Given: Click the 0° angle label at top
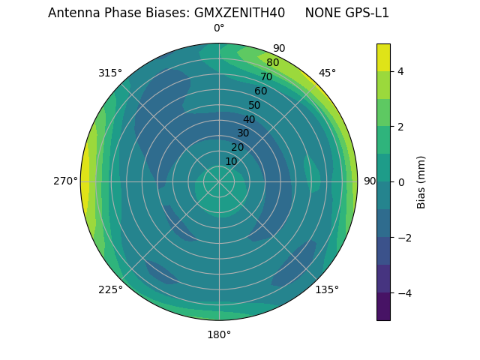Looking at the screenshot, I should [x=219, y=28].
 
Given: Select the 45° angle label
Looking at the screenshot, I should [x=327, y=73].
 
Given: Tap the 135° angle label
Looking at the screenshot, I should [x=327, y=289].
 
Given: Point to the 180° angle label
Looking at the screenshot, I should [x=219, y=334].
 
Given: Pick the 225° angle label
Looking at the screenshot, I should [x=110, y=289].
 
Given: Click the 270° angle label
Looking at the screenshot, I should [x=66, y=181].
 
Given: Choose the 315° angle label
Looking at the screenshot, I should [x=110, y=73].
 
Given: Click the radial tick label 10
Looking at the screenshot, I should [x=231, y=161].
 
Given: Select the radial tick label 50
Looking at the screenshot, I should [x=254, y=106].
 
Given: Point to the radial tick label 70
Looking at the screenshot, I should [x=266, y=77].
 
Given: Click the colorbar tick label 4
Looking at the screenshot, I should [x=401, y=71].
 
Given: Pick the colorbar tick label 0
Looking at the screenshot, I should [x=401, y=181].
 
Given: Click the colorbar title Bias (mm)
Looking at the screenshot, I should [x=421, y=181].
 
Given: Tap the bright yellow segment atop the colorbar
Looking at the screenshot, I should [x=383, y=57].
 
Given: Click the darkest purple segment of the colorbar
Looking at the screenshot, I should [x=383, y=307].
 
